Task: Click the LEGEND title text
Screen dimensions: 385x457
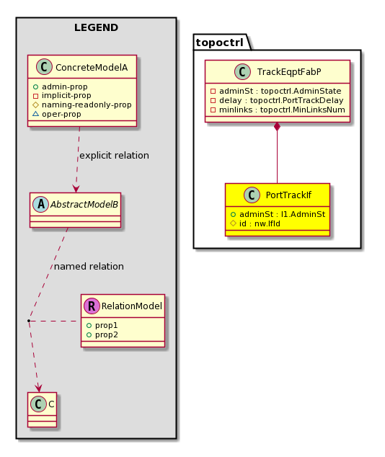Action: pyautogui.click(x=96, y=27)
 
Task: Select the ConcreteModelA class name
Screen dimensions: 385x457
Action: pyautogui.click(x=92, y=68)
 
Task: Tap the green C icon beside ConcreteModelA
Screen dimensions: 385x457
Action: pyautogui.click(x=44, y=67)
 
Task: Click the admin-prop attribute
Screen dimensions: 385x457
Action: pyautogui.click(x=64, y=86)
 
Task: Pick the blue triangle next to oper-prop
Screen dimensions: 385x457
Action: pyautogui.click(x=35, y=114)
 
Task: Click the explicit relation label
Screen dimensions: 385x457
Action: pyautogui.click(x=114, y=156)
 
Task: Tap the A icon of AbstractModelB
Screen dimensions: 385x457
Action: pyautogui.click(x=41, y=204)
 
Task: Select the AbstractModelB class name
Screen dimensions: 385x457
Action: pyautogui.click(x=84, y=204)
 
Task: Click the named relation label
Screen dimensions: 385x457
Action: pyautogui.click(x=89, y=267)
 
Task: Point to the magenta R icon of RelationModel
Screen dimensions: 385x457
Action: pyautogui.click(x=92, y=306)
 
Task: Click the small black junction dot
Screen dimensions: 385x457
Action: pyautogui.click(x=29, y=321)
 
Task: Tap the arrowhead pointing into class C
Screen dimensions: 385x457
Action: pyautogui.click(x=38, y=389)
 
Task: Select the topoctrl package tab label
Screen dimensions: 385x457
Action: pyautogui.click(x=219, y=43)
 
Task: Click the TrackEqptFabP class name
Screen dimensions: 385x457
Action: pyautogui.click(x=289, y=71)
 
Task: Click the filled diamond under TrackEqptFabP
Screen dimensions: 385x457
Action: pyautogui.click(x=277, y=126)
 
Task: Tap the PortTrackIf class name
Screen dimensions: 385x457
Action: pyautogui.click(x=288, y=195)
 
